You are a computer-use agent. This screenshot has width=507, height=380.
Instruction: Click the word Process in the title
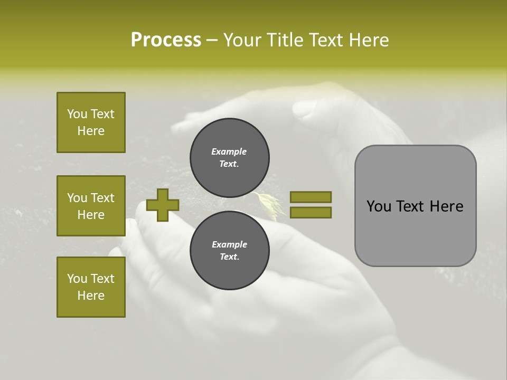[x=166, y=40]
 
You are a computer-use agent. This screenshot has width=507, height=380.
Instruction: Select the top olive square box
[x=91, y=122]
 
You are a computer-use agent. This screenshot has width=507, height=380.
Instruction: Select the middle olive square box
[x=91, y=206]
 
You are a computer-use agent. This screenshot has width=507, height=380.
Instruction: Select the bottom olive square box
[x=91, y=287]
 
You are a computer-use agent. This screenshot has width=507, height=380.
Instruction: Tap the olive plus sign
[x=163, y=205]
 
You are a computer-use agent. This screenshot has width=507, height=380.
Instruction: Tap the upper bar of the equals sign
[x=311, y=197]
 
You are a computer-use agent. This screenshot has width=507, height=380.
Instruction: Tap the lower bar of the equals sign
[x=311, y=212]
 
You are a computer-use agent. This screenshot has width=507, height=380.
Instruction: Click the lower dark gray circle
[x=229, y=250]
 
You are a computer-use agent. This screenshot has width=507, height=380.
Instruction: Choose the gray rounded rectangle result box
[x=415, y=206]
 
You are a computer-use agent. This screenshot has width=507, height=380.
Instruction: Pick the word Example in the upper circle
[x=229, y=151]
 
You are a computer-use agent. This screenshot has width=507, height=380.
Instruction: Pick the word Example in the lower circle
[x=229, y=244]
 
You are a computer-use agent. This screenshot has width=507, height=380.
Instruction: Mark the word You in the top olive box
[x=77, y=114]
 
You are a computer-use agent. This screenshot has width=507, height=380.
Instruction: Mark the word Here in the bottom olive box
[x=91, y=296]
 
